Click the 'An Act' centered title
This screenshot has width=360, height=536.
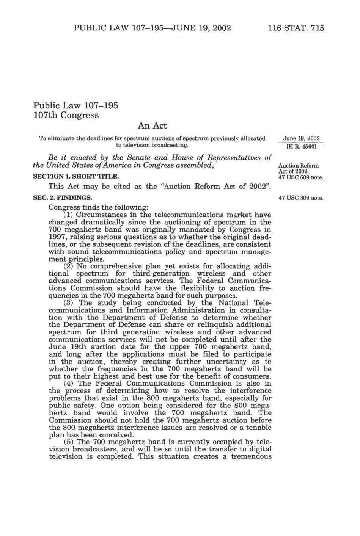pos(152,125)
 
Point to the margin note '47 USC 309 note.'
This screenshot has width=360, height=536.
pos(301,198)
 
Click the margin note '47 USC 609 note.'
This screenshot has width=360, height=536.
pos(301,177)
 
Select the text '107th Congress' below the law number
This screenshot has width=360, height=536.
pos(66,115)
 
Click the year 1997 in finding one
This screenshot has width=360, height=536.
pos(58,237)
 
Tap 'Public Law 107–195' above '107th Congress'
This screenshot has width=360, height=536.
pos(76,105)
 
